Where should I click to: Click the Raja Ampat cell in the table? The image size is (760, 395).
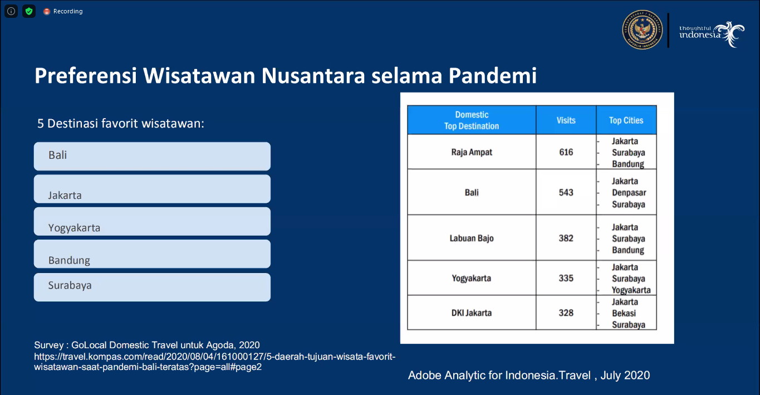tap(472, 152)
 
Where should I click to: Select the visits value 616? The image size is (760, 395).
tap(566, 152)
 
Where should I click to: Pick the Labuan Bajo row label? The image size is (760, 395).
tap(472, 238)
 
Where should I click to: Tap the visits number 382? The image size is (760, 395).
tap(566, 238)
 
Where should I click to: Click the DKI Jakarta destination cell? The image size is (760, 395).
tap(472, 313)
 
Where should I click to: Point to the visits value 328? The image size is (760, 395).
tap(566, 313)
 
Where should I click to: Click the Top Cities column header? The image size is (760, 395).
tap(626, 120)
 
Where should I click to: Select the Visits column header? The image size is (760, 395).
tap(566, 120)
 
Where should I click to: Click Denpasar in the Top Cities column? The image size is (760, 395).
tap(629, 193)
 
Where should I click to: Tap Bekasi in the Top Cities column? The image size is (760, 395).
tap(624, 313)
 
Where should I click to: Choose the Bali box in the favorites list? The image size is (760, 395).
tap(152, 156)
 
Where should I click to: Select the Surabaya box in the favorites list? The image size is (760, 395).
tap(152, 286)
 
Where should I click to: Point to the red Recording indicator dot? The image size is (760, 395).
tap(47, 11)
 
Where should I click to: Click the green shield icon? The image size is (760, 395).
tap(29, 11)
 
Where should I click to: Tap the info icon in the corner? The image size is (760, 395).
tap(11, 11)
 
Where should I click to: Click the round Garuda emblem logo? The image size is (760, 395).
tap(642, 30)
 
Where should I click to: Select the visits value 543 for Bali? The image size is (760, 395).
tap(566, 193)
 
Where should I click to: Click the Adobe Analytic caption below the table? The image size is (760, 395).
tap(528, 376)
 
